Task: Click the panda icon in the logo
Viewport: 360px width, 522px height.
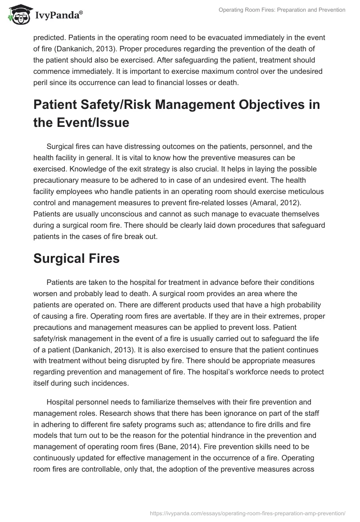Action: pos(18,15)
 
